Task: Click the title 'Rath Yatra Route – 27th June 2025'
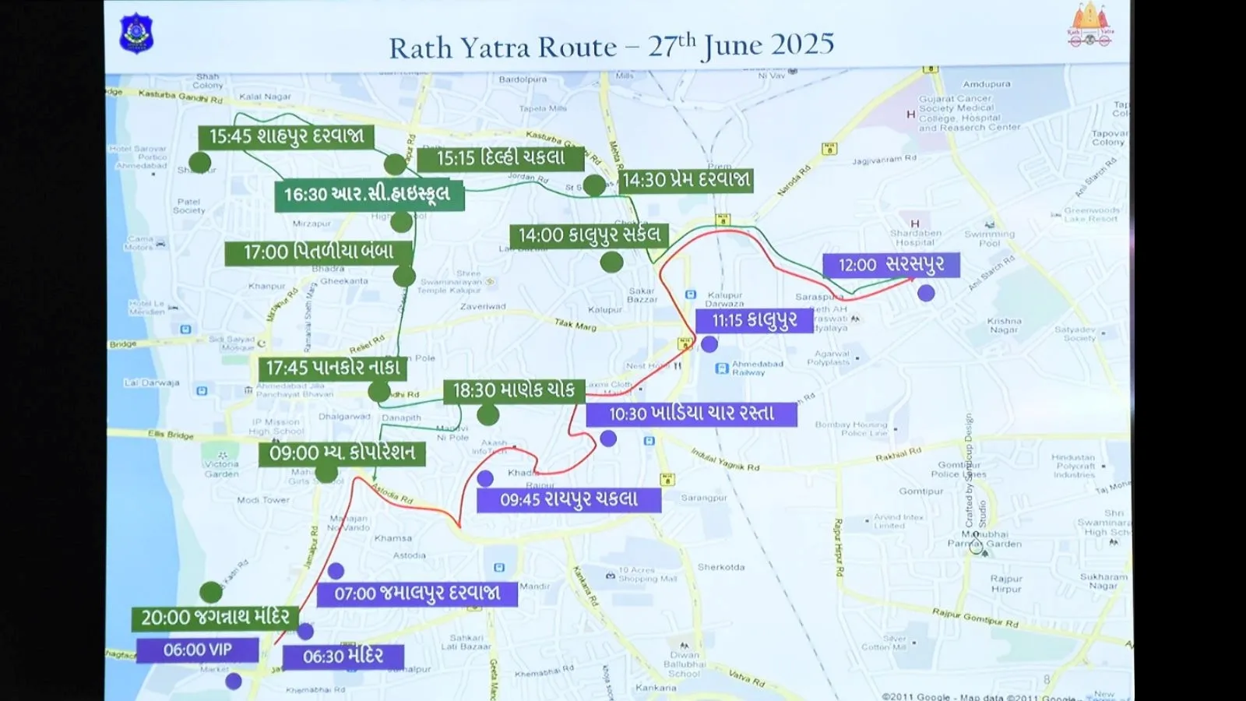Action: coord(611,47)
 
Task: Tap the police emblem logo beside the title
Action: coord(136,33)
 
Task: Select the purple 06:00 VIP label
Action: coord(197,650)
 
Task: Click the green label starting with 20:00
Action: coord(215,618)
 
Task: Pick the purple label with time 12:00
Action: coord(891,265)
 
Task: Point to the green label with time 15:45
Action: coord(286,136)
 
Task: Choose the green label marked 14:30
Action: coord(685,180)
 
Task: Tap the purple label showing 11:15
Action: coord(754,320)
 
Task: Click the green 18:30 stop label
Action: coord(513,390)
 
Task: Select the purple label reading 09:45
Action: coord(568,499)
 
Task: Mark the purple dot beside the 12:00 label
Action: coord(926,293)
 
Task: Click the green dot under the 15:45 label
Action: coord(200,162)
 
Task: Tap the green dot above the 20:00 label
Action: coord(211,592)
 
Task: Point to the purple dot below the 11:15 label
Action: coord(709,344)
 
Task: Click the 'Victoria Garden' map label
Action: coord(222,468)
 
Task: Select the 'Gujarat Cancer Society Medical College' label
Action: coord(968,113)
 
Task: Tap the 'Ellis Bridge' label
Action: coord(171,434)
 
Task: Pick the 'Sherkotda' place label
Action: coord(721,567)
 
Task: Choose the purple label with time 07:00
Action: coord(417,594)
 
